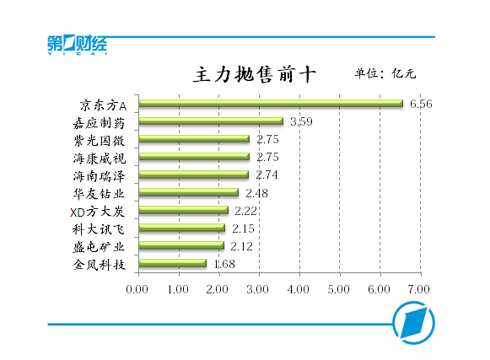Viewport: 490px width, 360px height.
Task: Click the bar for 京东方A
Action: [271, 104]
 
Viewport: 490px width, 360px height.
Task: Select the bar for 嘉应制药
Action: [211, 121]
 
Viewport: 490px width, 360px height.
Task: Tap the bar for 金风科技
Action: [173, 263]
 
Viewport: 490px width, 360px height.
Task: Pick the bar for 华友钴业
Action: [189, 192]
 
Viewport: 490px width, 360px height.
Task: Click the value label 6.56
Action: [421, 104]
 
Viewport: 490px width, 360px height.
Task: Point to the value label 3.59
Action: [301, 121]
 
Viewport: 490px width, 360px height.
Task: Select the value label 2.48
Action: [256, 193]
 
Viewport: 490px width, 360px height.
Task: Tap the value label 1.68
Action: [224, 265]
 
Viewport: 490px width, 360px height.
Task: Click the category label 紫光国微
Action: [99, 141]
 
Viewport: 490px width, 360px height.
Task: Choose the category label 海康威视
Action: [100, 159]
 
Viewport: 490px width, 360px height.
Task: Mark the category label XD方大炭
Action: [98, 212]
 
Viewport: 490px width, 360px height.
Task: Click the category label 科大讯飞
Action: [99, 229]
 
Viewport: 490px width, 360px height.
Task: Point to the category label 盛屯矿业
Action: [99, 247]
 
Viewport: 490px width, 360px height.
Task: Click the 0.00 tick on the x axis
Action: [137, 289]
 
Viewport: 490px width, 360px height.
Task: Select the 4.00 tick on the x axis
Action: [298, 289]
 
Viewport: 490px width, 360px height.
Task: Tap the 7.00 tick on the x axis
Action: [419, 289]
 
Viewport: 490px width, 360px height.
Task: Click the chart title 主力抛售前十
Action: [255, 74]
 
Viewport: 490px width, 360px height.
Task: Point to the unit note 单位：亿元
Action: [385, 73]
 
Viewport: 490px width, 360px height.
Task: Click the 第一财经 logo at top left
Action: [78, 45]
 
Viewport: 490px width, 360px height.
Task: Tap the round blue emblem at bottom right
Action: [413, 323]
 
